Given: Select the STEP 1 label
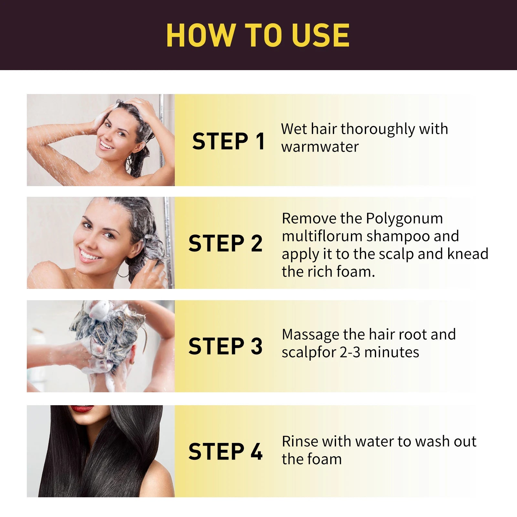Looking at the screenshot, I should click(x=228, y=141).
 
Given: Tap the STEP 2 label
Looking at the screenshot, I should click(x=226, y=243).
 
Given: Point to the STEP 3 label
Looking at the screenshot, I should click(x=226, y=346).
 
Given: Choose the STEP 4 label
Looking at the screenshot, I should click(x=226, y=451).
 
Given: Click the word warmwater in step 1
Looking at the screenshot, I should click(x=320, y=147).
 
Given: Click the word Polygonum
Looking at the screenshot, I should click(x=404, y=219).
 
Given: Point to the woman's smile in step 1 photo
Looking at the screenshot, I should click(x=106, y=144).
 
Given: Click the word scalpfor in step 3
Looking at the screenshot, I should click(x=309, y=353).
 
